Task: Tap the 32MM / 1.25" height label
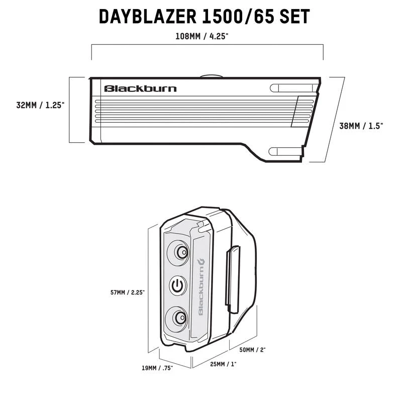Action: click(x=40, y=106)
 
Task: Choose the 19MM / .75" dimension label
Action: click(x=158, y=368)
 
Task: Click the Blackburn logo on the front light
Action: click(x=140, y=89)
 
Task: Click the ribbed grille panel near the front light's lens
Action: click(x=304, y=110)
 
